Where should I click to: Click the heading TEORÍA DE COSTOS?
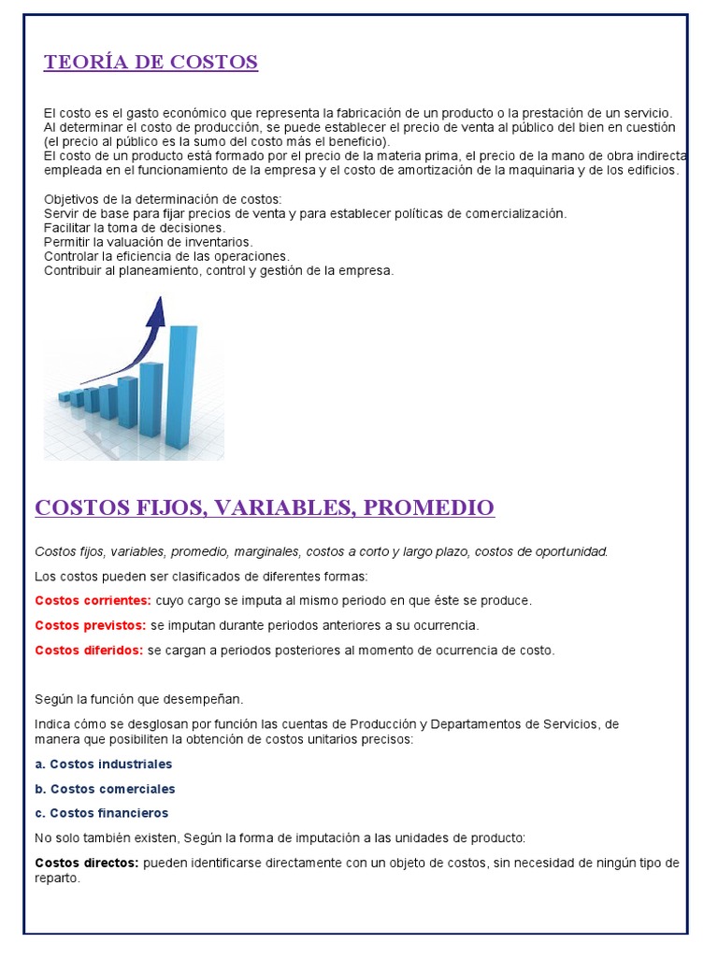click(151, 63)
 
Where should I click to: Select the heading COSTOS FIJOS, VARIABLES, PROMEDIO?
click(265, 507)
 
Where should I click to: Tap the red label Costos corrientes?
click(93, 600)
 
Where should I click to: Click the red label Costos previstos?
click(90, 624)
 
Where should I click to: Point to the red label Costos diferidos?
click(89, 650)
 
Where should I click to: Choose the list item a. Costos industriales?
click(104, 764)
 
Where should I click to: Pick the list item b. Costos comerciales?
click(105, 789)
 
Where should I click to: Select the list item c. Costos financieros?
click(102, 813)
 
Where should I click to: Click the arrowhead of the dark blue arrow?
click(156, 312)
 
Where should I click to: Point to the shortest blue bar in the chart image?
click(65, 396)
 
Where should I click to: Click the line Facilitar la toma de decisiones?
click(135, 227)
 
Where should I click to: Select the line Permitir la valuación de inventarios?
click(149, 242)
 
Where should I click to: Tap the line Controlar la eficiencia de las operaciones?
click(166, 256)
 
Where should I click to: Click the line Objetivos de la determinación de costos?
click(162, 199)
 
